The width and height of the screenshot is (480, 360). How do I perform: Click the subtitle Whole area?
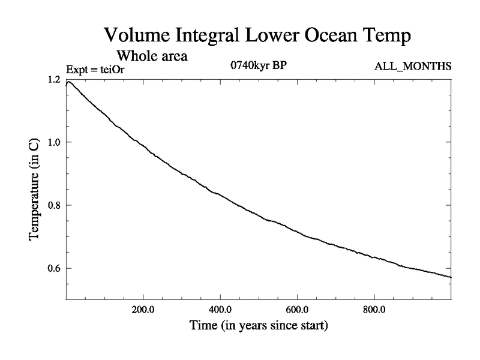coord(152,57)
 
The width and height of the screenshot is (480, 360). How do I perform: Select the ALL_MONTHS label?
coord(413,65)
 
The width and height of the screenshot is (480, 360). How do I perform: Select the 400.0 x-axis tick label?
coord(220,311)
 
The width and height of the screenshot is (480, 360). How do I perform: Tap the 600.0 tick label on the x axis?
coord(297,311)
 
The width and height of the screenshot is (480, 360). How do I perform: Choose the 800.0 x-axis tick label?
coord(374,311)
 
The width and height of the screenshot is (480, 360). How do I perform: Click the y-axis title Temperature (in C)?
coord(35,190)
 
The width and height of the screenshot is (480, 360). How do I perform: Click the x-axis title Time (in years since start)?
coord(258,326)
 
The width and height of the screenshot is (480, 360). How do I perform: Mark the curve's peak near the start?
coord(70,82)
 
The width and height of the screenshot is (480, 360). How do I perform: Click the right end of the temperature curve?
coord(450,277)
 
